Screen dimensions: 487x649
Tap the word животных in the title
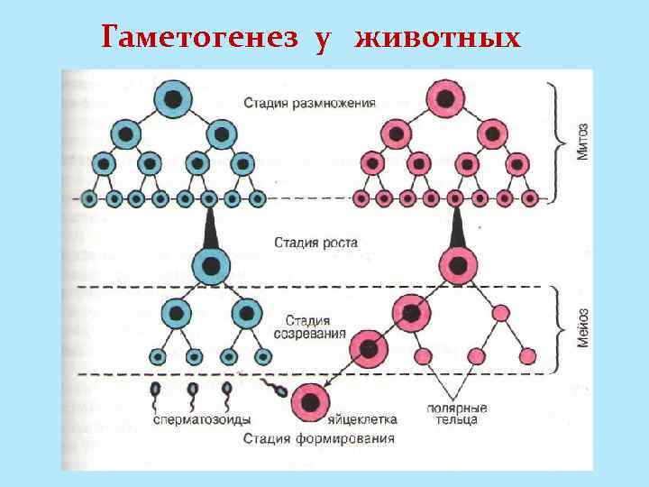click(438, 39)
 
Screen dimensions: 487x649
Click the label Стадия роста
click(315, 243)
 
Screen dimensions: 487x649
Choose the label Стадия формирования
click(319, 439)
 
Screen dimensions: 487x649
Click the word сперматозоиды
click(202, 419)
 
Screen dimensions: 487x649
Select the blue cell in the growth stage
click(211, 267)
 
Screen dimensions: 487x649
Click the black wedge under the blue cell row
click(210, 229)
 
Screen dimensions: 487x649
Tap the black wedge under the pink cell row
click(457, 229)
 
